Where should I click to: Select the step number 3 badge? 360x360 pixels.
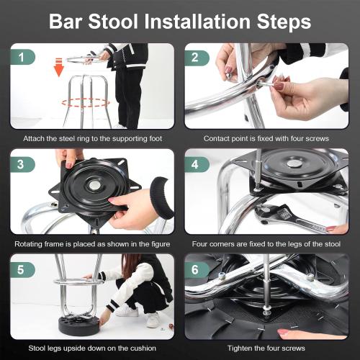tap(23, 164)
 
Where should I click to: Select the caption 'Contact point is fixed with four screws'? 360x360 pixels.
tap(266, 138)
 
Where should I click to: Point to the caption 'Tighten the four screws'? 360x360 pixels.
tap(266, 348)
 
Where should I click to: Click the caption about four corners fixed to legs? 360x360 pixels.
tap(266, 243)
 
